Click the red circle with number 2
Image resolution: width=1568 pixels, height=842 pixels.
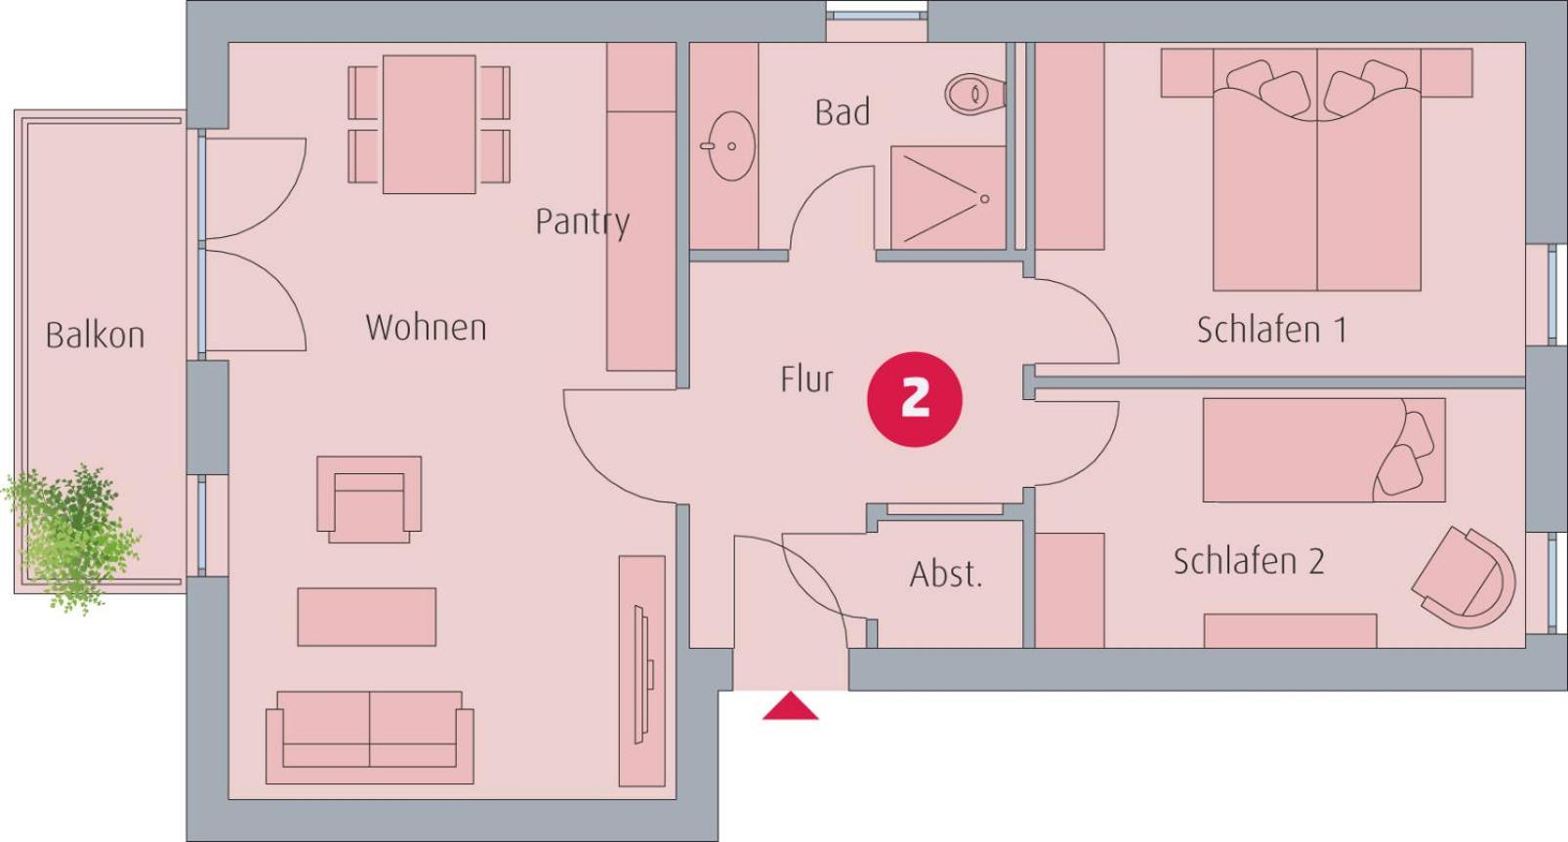(x=914, y=399)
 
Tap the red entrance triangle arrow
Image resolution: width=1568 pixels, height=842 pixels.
(x=790, y=706)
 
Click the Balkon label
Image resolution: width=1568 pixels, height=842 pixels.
(x=96, y=335)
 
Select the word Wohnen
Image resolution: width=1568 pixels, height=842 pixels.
(x=426, y=327)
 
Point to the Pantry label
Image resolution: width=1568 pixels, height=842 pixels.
(x=583, y=222)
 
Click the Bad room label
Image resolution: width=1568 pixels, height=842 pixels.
(x=843, y=112)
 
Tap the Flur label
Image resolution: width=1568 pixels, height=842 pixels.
(x=807, y=379)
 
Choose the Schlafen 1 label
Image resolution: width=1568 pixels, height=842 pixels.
(x=1272, y=330)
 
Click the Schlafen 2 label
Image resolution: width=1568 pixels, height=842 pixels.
(x=1249, y=561)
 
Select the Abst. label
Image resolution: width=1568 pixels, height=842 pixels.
(x=946, y=574)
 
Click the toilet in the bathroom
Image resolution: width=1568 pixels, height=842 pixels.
(x=975, y=94)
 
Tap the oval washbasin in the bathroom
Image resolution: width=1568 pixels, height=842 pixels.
(x=729, y=146)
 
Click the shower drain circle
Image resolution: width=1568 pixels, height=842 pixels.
(x=984, y=199)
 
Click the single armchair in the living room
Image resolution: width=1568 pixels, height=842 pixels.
(x=369, y=500)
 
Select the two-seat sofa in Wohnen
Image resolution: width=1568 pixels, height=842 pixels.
(x=370, y=738)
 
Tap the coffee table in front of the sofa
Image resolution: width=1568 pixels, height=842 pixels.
(x=367, y=617)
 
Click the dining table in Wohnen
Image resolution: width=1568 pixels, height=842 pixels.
(x=429, y=125)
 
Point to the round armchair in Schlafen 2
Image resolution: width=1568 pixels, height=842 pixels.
(x=1465, y=578)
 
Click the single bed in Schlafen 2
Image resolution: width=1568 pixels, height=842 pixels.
(x=1324, y=451)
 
